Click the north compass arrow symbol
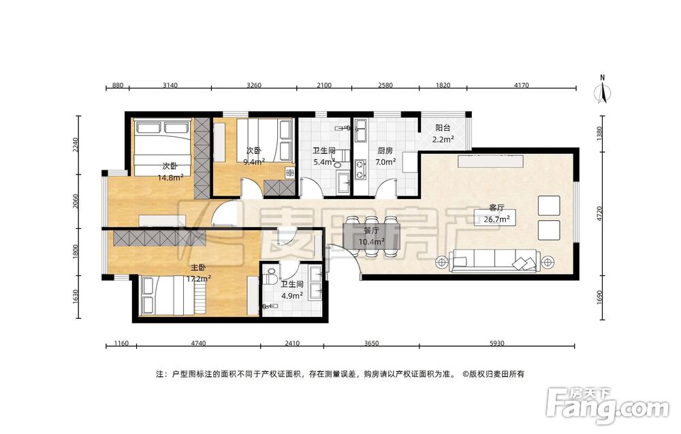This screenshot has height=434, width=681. (x=603, y=92)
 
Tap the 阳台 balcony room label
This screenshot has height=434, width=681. (x=443, y=128)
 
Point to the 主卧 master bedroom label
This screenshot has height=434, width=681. (x=198, y=268)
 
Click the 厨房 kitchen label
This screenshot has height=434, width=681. (x=385, y=151)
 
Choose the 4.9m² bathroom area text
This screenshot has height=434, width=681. (x=292, y=296)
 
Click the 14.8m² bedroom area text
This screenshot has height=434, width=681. (x=170, y=177)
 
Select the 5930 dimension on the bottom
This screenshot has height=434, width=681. (x=497, y=343)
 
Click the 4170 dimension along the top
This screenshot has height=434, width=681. (x=521, y=85)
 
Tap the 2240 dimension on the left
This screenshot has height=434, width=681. (x=76, y=145)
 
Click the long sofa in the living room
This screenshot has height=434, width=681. (x=495, y=261)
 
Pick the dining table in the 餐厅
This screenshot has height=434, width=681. (x=372, y=237)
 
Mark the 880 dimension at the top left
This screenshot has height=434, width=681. (x=118, y=85)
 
